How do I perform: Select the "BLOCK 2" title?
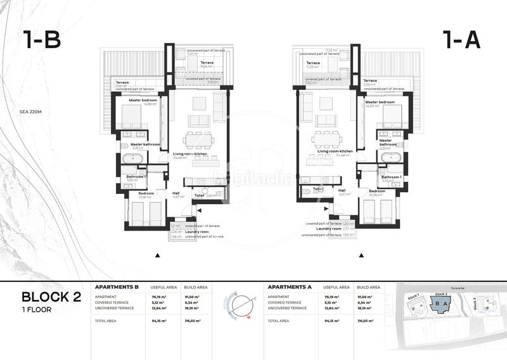coord(51,297)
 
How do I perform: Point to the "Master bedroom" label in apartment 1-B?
coord(143,101)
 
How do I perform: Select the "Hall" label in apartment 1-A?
coord(341,190)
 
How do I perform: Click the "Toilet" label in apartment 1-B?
coord(199,196)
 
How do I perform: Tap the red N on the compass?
coord(249,317)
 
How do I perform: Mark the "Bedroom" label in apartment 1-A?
coord(377,191)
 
